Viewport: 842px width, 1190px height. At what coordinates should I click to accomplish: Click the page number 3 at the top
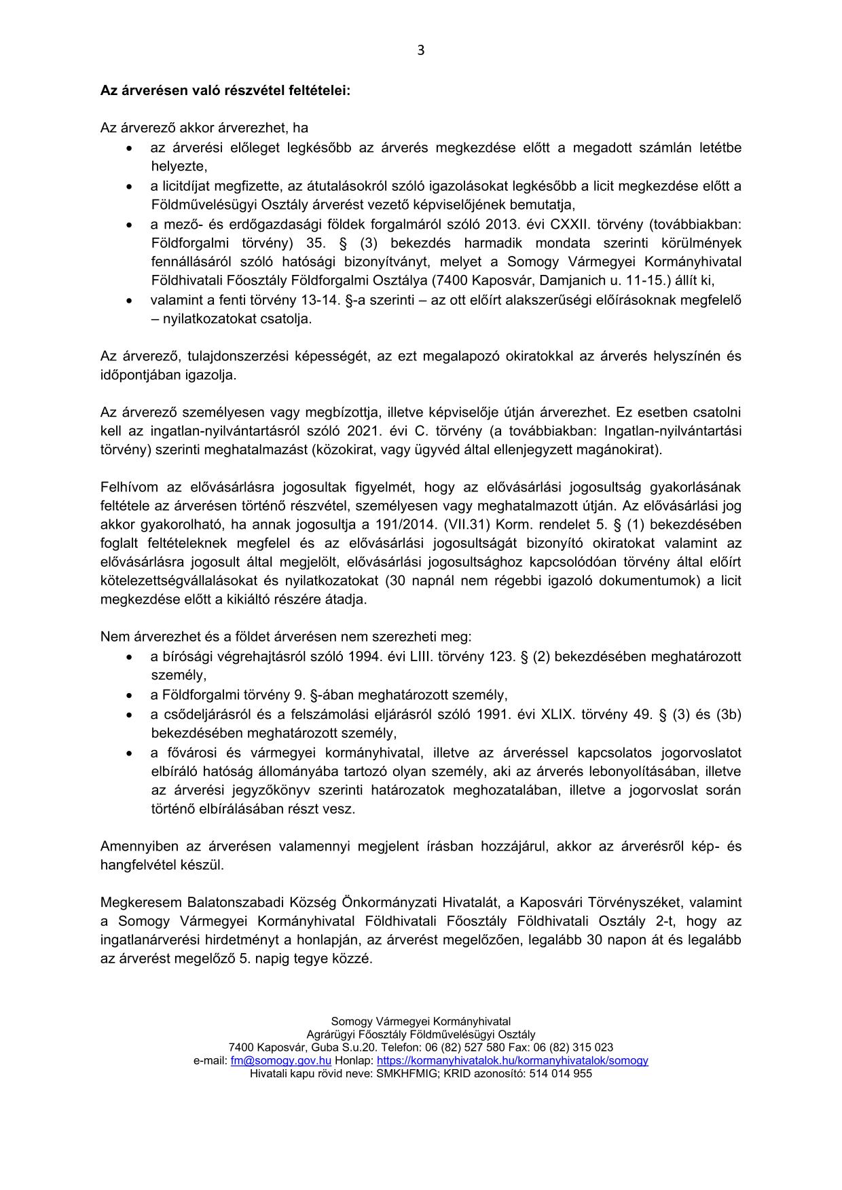(421, 50)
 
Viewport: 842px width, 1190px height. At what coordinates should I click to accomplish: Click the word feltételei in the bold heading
(319, 90)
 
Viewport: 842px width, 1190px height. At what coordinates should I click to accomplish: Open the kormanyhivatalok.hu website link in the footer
(512, 1060)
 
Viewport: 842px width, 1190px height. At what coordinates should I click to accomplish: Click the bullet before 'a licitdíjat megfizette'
(129, 186)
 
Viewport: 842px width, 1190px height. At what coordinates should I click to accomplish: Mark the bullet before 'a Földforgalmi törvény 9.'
(129, 695)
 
